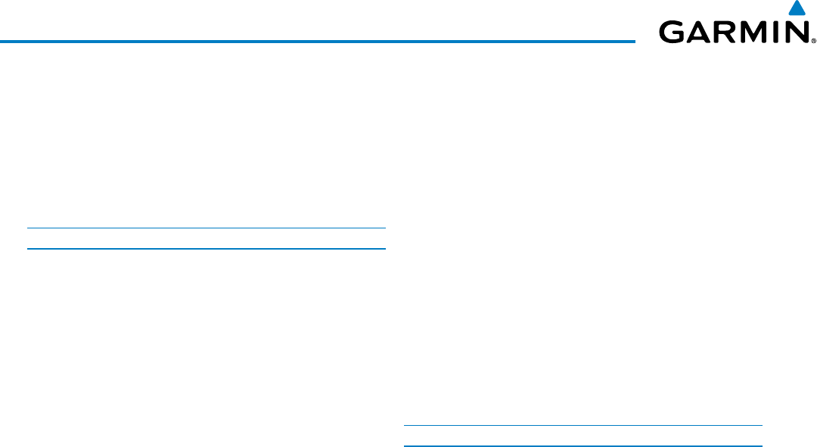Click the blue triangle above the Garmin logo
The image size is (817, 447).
(x=796, y=9)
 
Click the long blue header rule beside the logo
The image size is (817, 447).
(x=318, y=41)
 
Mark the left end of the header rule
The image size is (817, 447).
(x=2, y=41)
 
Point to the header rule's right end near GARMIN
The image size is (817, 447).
(x=633, y=41)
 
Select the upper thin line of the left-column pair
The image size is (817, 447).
(x=206, y=228)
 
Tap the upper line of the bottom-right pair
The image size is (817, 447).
(x=582, y=425)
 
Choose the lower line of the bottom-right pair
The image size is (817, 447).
(x=582, y=445)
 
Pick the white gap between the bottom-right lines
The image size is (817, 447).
(x=582, y=436)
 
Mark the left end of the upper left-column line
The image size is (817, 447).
(x=28, y=228)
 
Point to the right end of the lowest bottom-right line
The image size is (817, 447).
(x=761, y=445)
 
